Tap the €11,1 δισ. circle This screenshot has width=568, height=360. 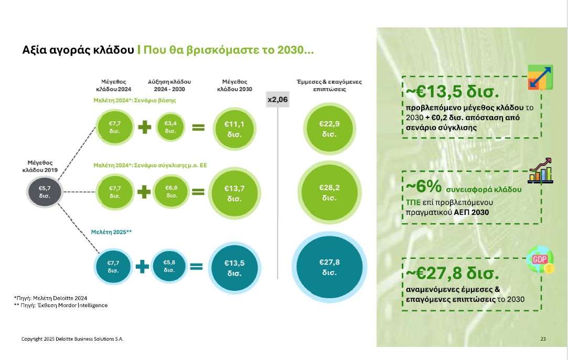(x=234, y=127)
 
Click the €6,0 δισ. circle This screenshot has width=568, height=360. (x=171, y=192)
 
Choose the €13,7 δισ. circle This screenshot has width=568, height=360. (x=234, y=192)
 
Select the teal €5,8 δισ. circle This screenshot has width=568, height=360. (x=169, y=266)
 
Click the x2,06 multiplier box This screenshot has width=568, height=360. (x=277, y=99)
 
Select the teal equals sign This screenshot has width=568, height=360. (x=196, y=267)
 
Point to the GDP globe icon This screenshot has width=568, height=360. (x=539, y=260)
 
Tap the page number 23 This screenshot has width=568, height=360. (x=543, y=339)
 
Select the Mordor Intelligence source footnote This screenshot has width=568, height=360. (x=61, y=305)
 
